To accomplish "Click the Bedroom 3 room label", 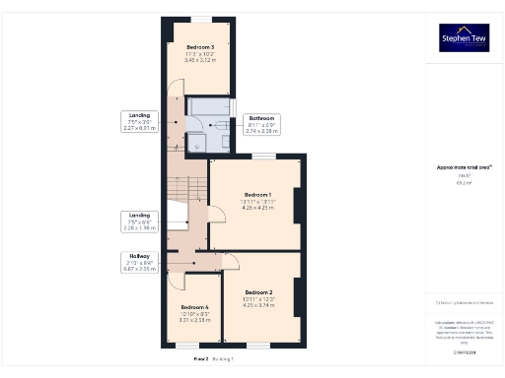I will click(200, 46).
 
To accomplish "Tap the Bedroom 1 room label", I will click(257, 195).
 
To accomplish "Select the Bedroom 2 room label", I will click(258, 292).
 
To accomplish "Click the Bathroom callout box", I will click(261, 124).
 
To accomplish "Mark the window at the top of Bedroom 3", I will click(200, 19).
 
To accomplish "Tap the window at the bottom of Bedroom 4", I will click(187, 345).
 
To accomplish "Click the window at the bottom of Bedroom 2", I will click(258, 345).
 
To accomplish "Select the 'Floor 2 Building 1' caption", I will click(214, 360).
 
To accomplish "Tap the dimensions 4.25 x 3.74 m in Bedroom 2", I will click(258, 305).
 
